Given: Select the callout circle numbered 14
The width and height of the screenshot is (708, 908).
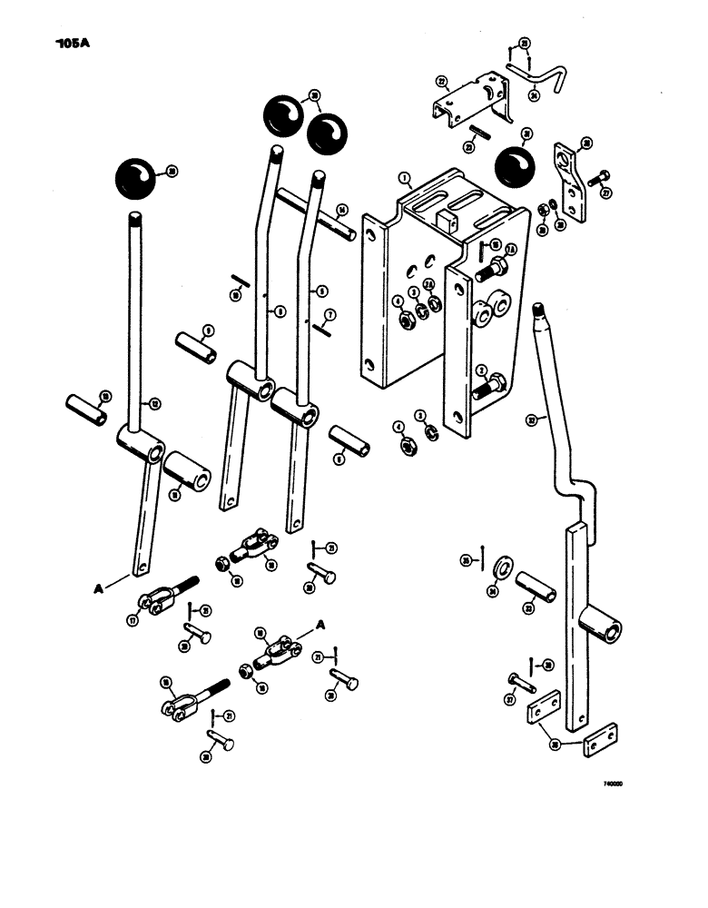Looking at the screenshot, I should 341,209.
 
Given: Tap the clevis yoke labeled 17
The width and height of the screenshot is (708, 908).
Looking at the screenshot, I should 158,600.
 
